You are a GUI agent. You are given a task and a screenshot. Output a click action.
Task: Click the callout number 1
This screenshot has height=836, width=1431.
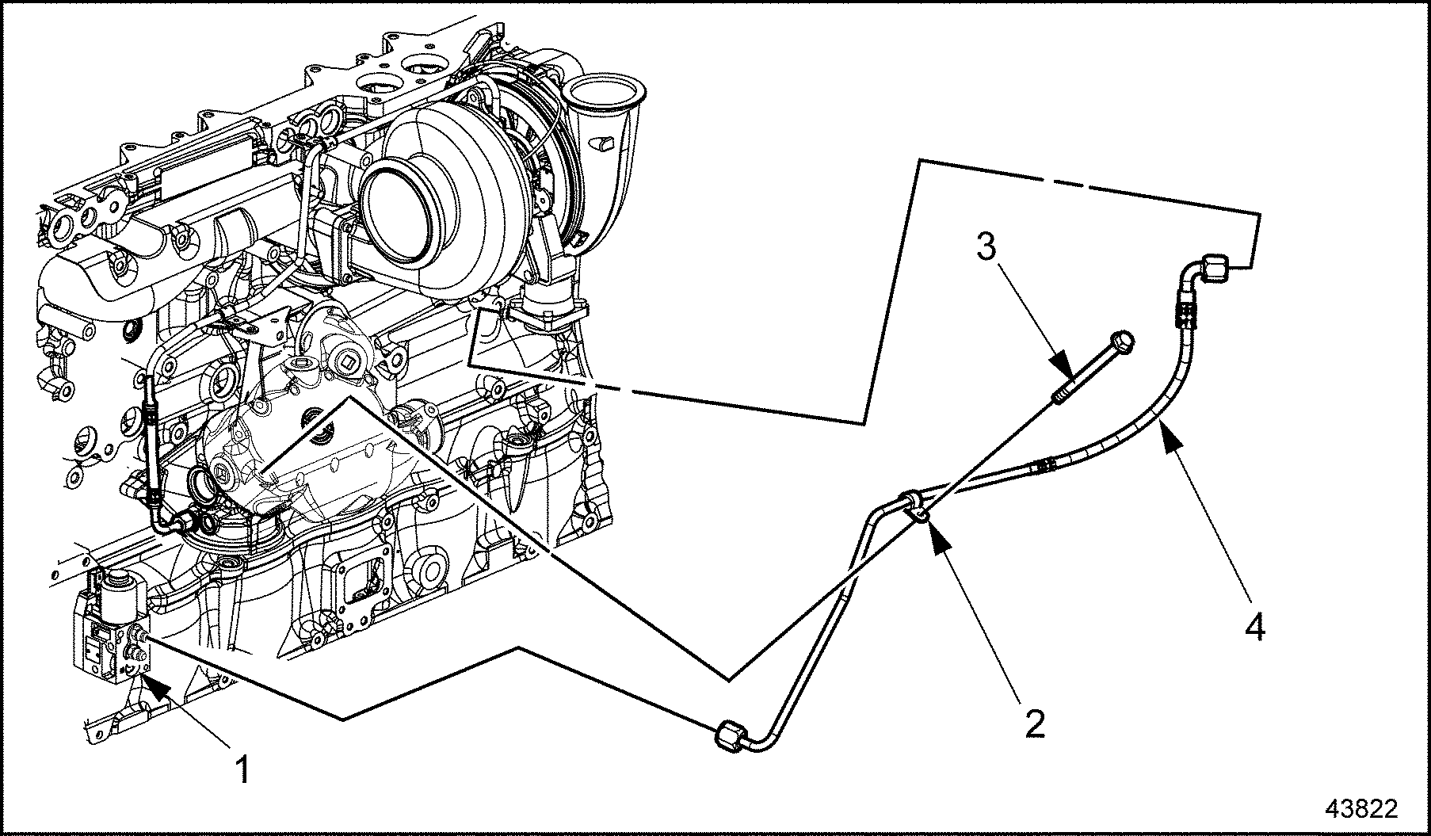[x=243, y=768]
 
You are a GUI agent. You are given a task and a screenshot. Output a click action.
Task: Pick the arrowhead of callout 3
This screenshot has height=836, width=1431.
[x=1066, y=372]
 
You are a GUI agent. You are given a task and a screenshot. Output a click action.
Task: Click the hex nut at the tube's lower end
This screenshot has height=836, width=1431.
[x=730, y=735]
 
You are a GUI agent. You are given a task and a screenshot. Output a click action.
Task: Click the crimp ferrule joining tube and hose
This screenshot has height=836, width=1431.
[x=1044, y=467]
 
